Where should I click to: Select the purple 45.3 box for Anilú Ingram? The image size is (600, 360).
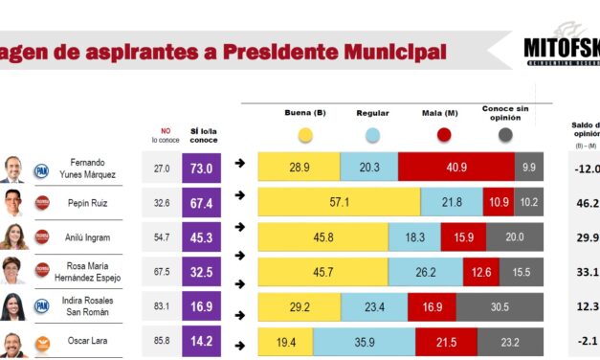click(203, 237)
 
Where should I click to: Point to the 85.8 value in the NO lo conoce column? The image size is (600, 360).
click(162, 341)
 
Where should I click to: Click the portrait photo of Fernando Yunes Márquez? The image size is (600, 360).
click(12, 169)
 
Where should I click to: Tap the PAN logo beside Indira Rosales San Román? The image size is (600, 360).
click(41, 306)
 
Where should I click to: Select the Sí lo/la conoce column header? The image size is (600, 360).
click(203, 134)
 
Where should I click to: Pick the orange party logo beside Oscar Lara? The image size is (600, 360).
click(41, 342)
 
